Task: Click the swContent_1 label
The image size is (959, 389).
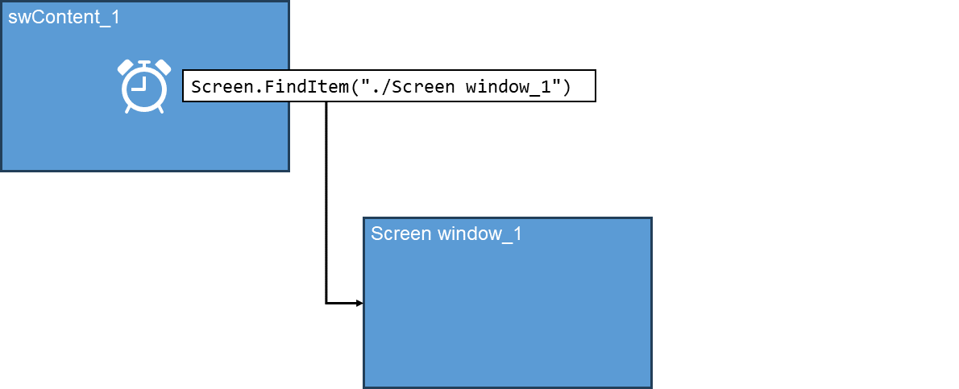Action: coord(64,17)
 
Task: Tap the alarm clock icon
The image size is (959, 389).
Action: coord(144,86)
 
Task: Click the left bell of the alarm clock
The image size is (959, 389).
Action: coord(126,68)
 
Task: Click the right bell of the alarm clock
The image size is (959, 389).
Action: coord(163,68)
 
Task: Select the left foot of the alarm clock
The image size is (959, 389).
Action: coord(128,109)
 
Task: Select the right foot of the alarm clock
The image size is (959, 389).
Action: coord(160,109)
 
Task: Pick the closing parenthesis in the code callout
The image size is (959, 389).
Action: coord(567,87)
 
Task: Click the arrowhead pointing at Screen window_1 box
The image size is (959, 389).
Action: coord(359,304)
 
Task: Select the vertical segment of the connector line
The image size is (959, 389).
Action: coord(326,201)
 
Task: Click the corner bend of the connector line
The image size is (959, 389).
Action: coord(326,304)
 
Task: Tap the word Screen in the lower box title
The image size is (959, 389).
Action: coord(401,234)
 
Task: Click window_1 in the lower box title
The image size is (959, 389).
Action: coord(479,234)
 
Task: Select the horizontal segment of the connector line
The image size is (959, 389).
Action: coord(342,304)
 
